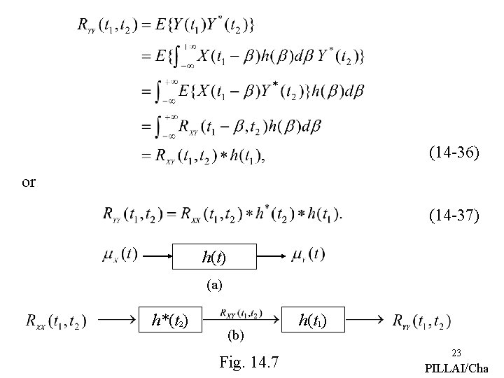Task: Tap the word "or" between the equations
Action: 29,182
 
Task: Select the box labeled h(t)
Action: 215,257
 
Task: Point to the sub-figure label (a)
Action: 214,285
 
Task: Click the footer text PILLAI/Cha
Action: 457,368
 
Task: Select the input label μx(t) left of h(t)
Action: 120,253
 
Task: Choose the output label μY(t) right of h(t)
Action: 308,253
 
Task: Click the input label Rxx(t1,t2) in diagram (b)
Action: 55,321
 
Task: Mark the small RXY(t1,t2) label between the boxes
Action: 241,313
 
